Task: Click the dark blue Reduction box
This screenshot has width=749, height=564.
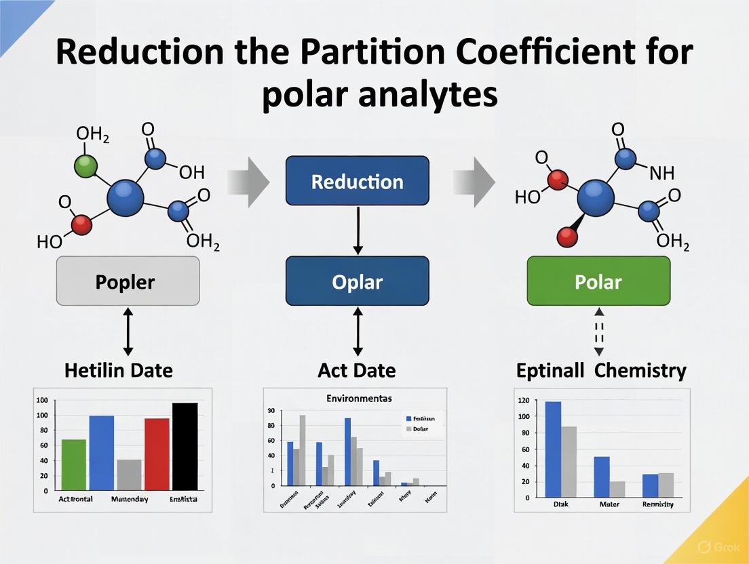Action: (x=358, y=181)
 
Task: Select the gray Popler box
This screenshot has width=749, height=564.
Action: (x=128, y=281)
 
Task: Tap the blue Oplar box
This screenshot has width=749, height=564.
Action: (x=358, y=281)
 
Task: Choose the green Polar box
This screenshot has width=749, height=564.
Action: (x=598, y=281)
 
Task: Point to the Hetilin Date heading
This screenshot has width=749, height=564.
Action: (x=118, y=371)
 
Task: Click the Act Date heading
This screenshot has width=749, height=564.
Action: (x=357, y=371)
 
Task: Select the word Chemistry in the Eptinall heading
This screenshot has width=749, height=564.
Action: (x=642, y=371)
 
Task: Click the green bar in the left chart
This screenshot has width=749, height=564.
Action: (x=74, y=464)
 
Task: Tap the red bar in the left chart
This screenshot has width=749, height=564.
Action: (x=157, y=454)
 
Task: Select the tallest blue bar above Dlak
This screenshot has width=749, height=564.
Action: (x=553, y=449)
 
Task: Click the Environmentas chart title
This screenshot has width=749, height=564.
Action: (x=354, y=398)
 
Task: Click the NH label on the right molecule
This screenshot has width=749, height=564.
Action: (x=661, y=173)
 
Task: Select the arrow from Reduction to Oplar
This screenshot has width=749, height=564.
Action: (x=358, y=230)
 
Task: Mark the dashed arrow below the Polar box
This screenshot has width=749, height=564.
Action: (x=598, y=331)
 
